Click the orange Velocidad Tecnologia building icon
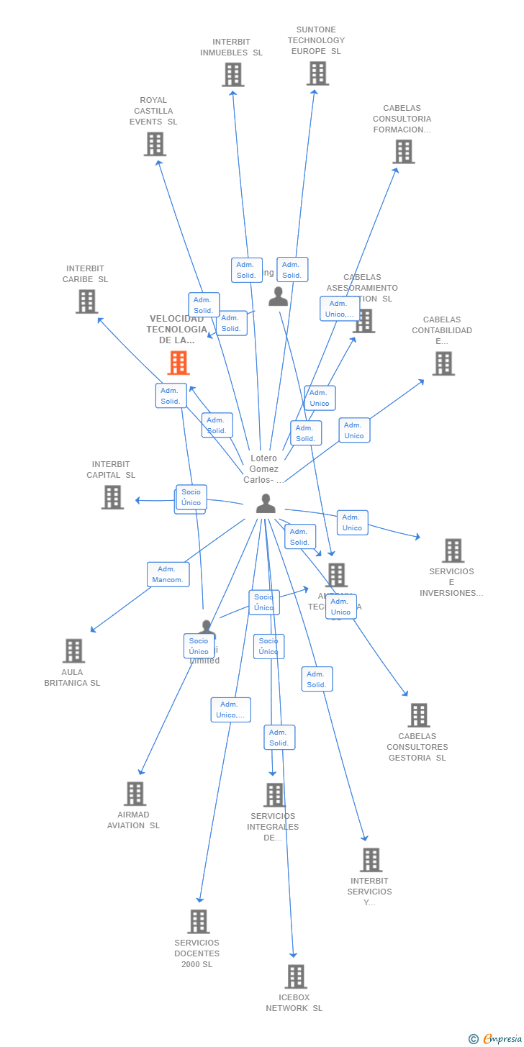[179, 363]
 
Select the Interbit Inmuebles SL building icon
[232, 74]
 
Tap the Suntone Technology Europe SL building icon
[317, 73]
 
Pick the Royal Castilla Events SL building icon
[155, 144]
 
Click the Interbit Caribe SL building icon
[86, 302]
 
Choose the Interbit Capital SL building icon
[112, 497]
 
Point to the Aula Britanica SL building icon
[73, 651]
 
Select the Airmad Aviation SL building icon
[135, 794]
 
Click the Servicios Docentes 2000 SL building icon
[198, 921]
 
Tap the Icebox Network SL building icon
[295, 976]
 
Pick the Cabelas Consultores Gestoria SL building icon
[418, 715]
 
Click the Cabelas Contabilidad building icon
[443, 363]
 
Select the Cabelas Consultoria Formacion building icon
[403, 151]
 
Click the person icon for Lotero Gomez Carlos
[266, 504]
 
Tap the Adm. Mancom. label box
[168, 574]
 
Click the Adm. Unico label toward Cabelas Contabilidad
[354, 430]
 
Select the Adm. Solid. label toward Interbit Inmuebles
[246, 270]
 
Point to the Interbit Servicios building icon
[371, 859]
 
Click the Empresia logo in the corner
[496, 1038]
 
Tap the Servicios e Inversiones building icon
[453, 550]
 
